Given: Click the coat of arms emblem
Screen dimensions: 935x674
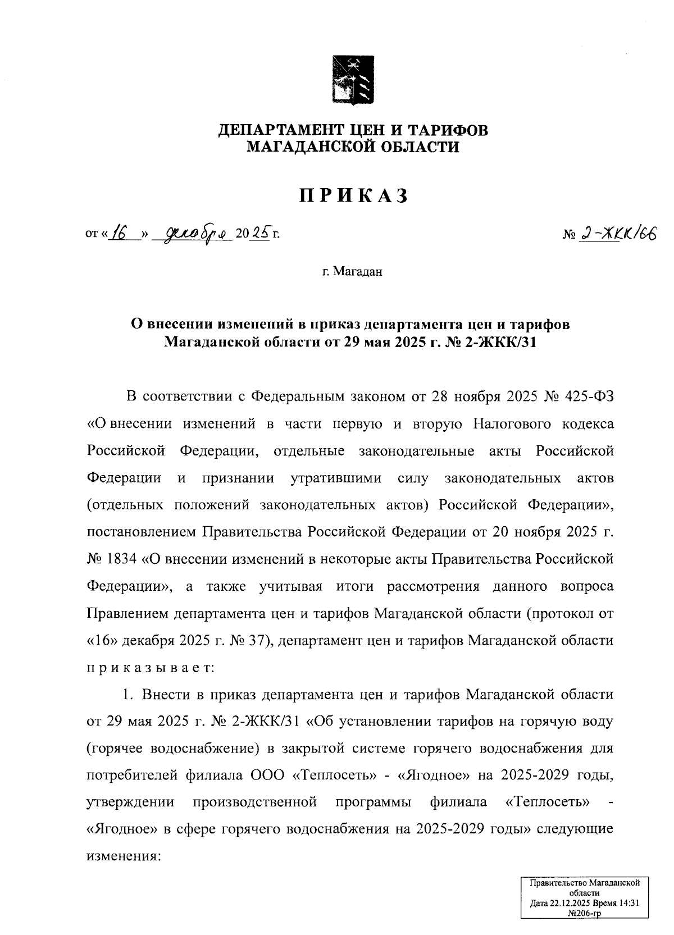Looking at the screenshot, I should click(353, 79).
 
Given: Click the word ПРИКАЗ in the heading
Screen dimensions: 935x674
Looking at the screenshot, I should click(353, 196).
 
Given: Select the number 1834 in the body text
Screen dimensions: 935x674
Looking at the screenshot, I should click(120, 560).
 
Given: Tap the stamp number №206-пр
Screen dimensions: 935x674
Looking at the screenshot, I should click(584, 913).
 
